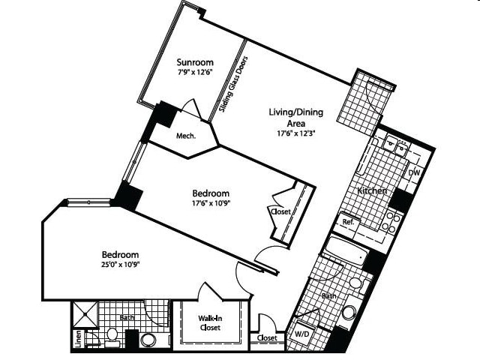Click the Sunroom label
pos(195,62)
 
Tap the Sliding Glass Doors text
pos(233,84)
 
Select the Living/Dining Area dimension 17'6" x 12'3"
pos(295,133)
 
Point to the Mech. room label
pos(186,136)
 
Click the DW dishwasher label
pos(415,173)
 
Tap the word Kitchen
pos(372,190)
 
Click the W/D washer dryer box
pos(301,334)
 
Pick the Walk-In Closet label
pos(210,323)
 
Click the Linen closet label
pos(79,339)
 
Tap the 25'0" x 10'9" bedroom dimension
pos(120,265)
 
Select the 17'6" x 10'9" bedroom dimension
pos(211,203)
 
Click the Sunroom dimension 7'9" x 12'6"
pos(195,73)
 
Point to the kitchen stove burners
pos(391,222)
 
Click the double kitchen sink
pos(395,145)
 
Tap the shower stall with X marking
pos(85,315)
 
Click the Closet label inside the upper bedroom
pos(280,211)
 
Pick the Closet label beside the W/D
pos(267,338)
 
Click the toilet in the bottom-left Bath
pos(112,337)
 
